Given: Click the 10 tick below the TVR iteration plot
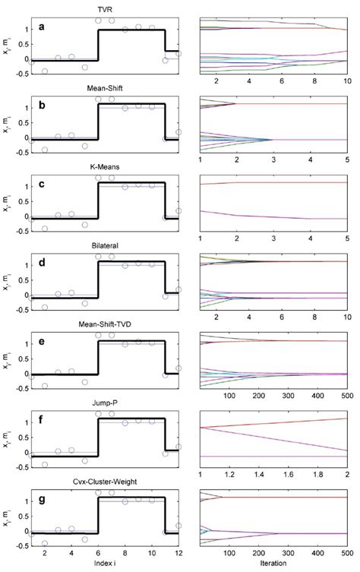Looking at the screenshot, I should pyautogui.click(x=346, y=79).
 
